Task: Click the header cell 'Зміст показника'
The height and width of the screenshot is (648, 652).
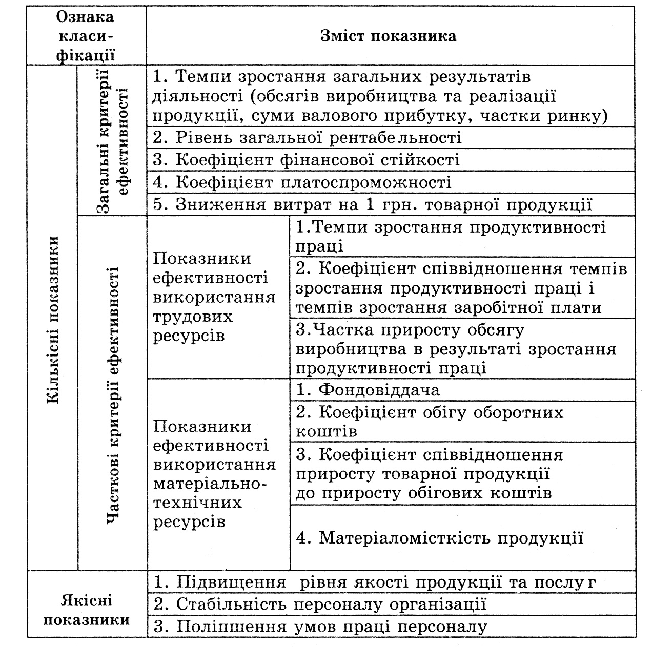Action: pos(388,36)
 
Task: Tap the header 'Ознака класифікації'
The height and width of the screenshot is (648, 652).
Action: pos(85,36)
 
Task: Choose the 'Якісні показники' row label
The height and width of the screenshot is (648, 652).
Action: pos(86,610)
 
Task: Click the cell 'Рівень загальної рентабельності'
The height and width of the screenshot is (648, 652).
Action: pos(308,137)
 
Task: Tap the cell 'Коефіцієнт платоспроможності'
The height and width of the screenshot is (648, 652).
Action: pos(302,182)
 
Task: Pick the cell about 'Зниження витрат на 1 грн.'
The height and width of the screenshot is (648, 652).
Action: pos(373,204)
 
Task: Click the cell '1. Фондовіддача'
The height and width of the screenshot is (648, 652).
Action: pos(368,390)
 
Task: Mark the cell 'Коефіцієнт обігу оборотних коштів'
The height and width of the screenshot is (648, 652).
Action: pos(429,422)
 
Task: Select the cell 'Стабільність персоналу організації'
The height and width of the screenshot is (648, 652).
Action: pos(320,604)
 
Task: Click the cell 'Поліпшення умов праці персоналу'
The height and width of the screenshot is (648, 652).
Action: pos(320,626)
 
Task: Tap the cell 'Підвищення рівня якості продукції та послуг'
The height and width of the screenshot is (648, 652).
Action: pos(375,582)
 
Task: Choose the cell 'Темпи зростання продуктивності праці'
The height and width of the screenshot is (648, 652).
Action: pos(451,236)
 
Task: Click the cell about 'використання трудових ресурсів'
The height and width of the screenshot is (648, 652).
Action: pos(214,297)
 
